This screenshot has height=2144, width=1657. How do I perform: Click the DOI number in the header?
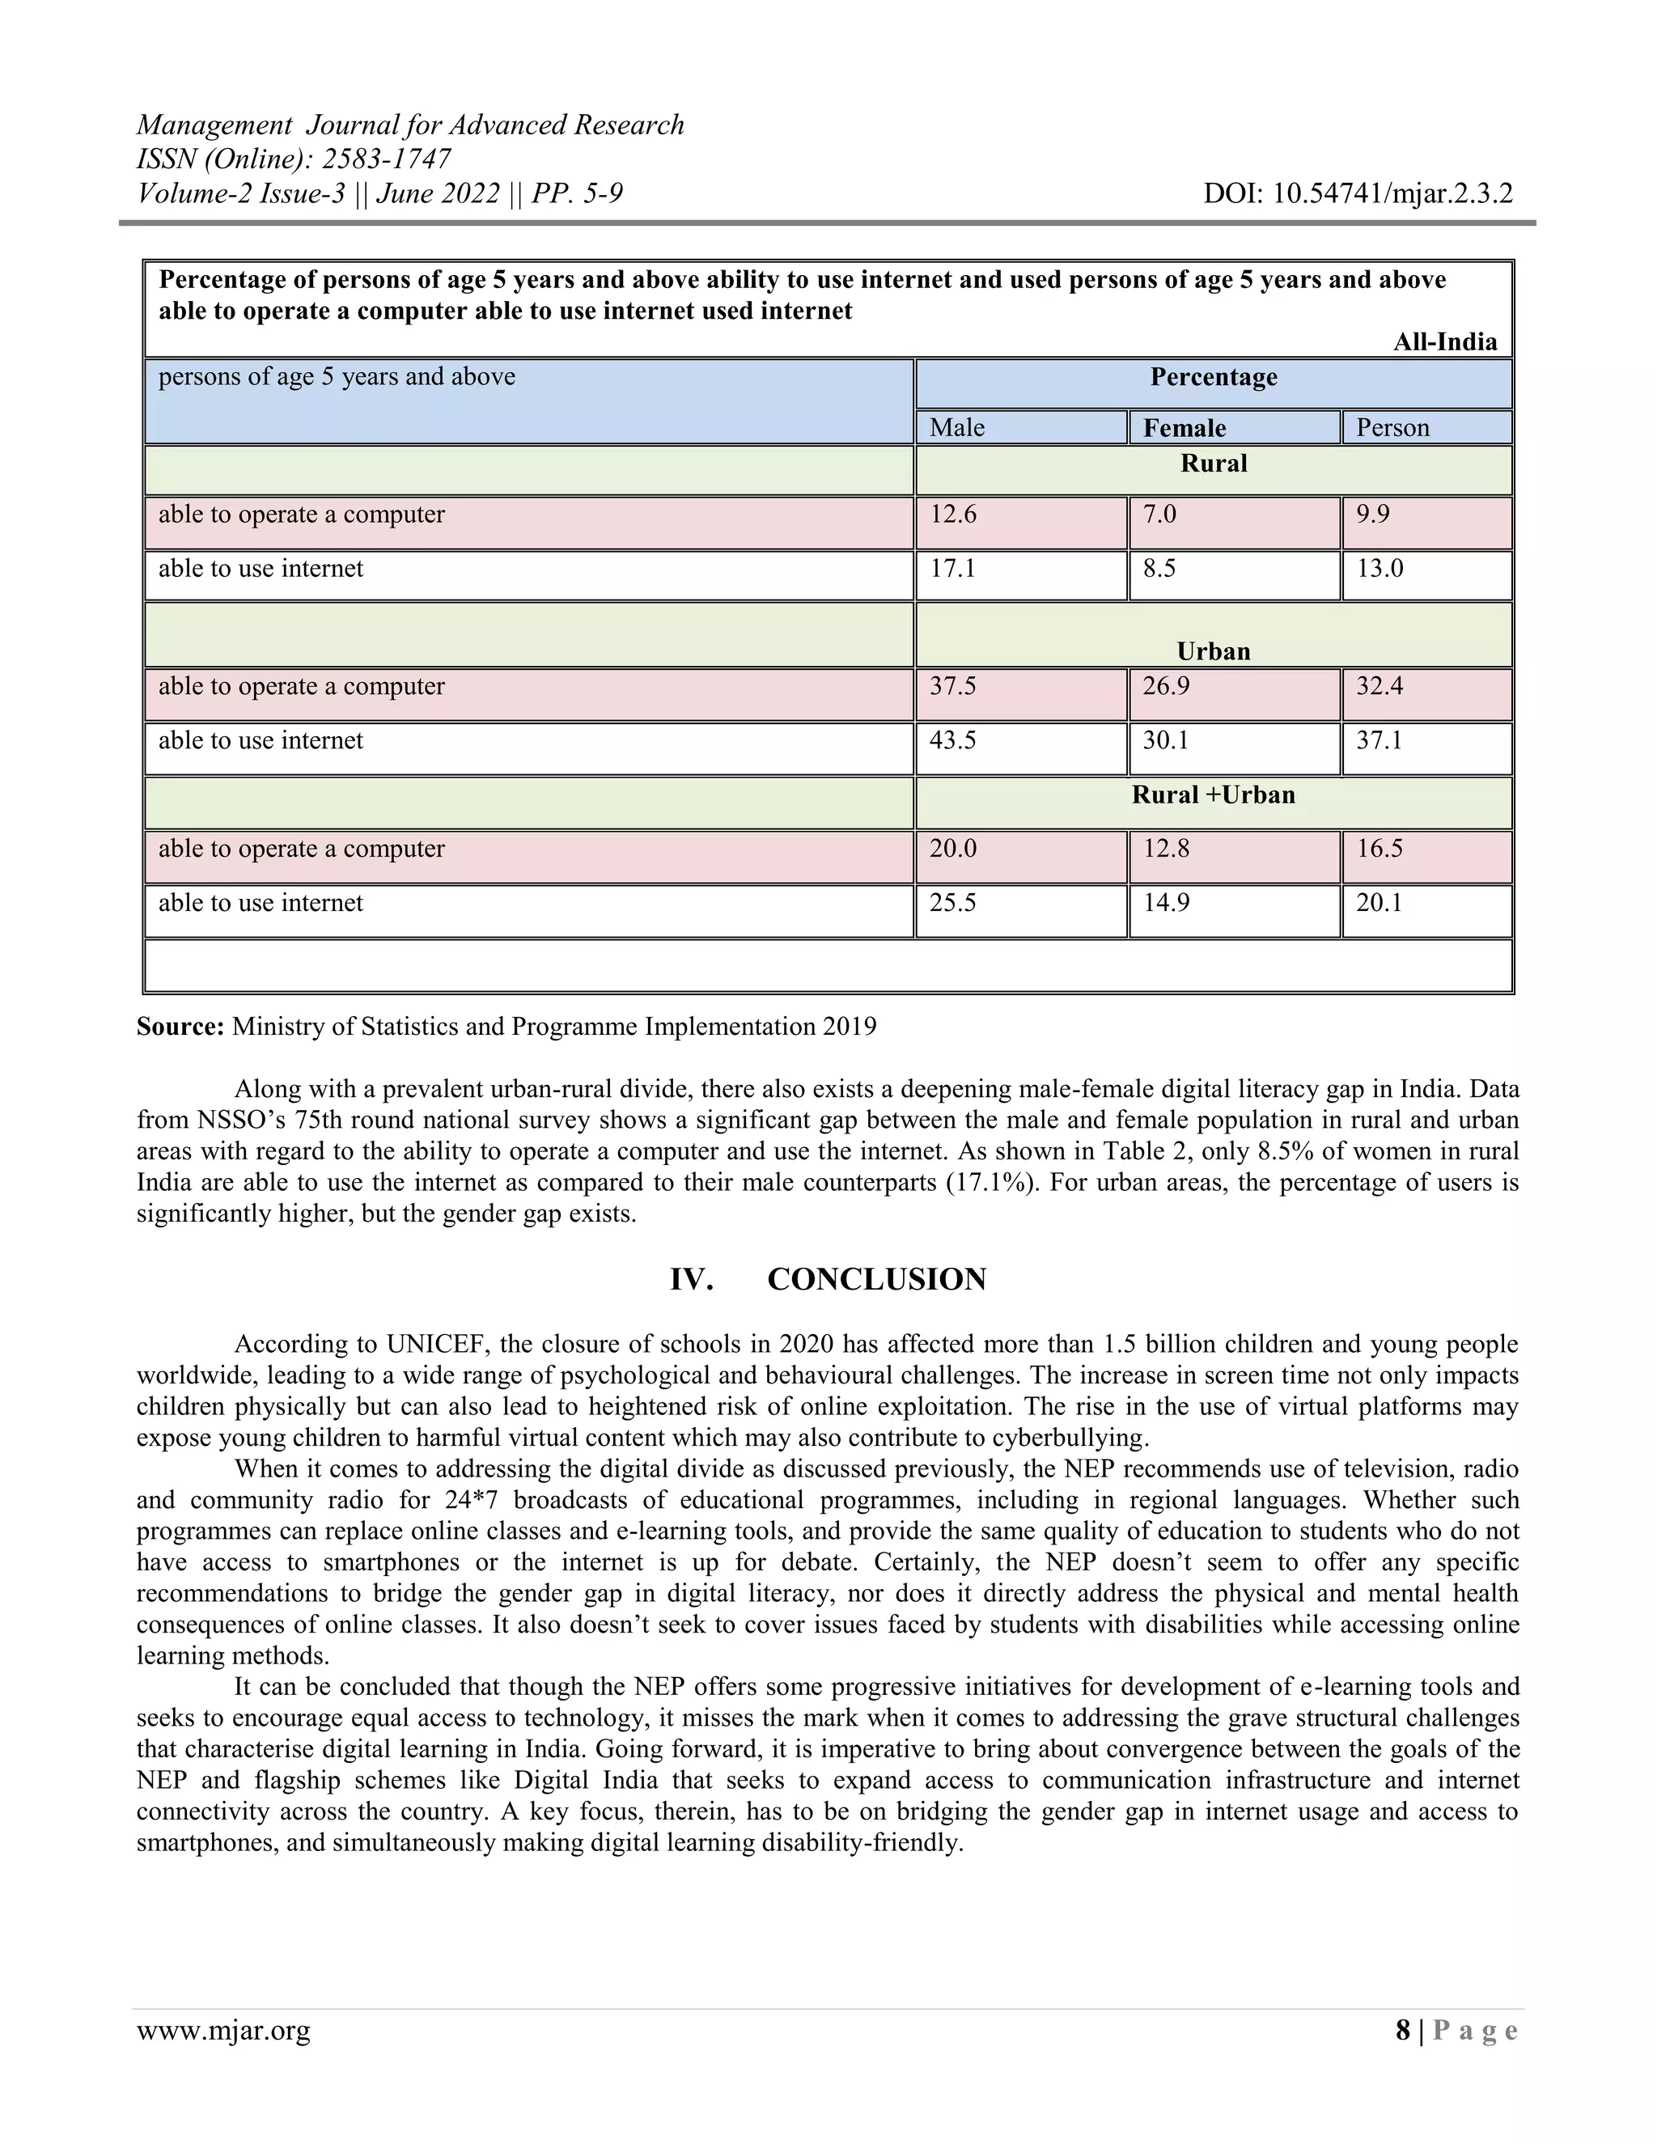[1358, 193]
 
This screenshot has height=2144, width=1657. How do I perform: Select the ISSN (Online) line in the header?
[294, 159]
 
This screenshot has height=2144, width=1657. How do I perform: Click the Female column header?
[1184, 428]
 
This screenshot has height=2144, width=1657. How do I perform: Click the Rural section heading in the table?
[1214, 464]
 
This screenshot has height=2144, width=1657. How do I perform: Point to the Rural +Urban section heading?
[1214, 794]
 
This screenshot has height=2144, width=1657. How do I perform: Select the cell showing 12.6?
[953, 515]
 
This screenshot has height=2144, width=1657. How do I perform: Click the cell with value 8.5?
[1159, 569]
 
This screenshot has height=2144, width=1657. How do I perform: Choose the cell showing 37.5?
[953, 686]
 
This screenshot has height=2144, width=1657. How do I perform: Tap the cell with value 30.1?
[1165, 740]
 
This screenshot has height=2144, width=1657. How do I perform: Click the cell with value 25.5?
[953, 902]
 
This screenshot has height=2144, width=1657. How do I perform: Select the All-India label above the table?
[1445, 341]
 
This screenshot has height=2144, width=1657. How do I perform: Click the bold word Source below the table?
[180, 1027]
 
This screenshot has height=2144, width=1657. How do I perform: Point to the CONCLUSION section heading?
[875, 1279]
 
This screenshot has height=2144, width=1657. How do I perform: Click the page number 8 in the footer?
[1403, 2030]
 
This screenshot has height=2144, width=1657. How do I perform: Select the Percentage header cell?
[1214, 378]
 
